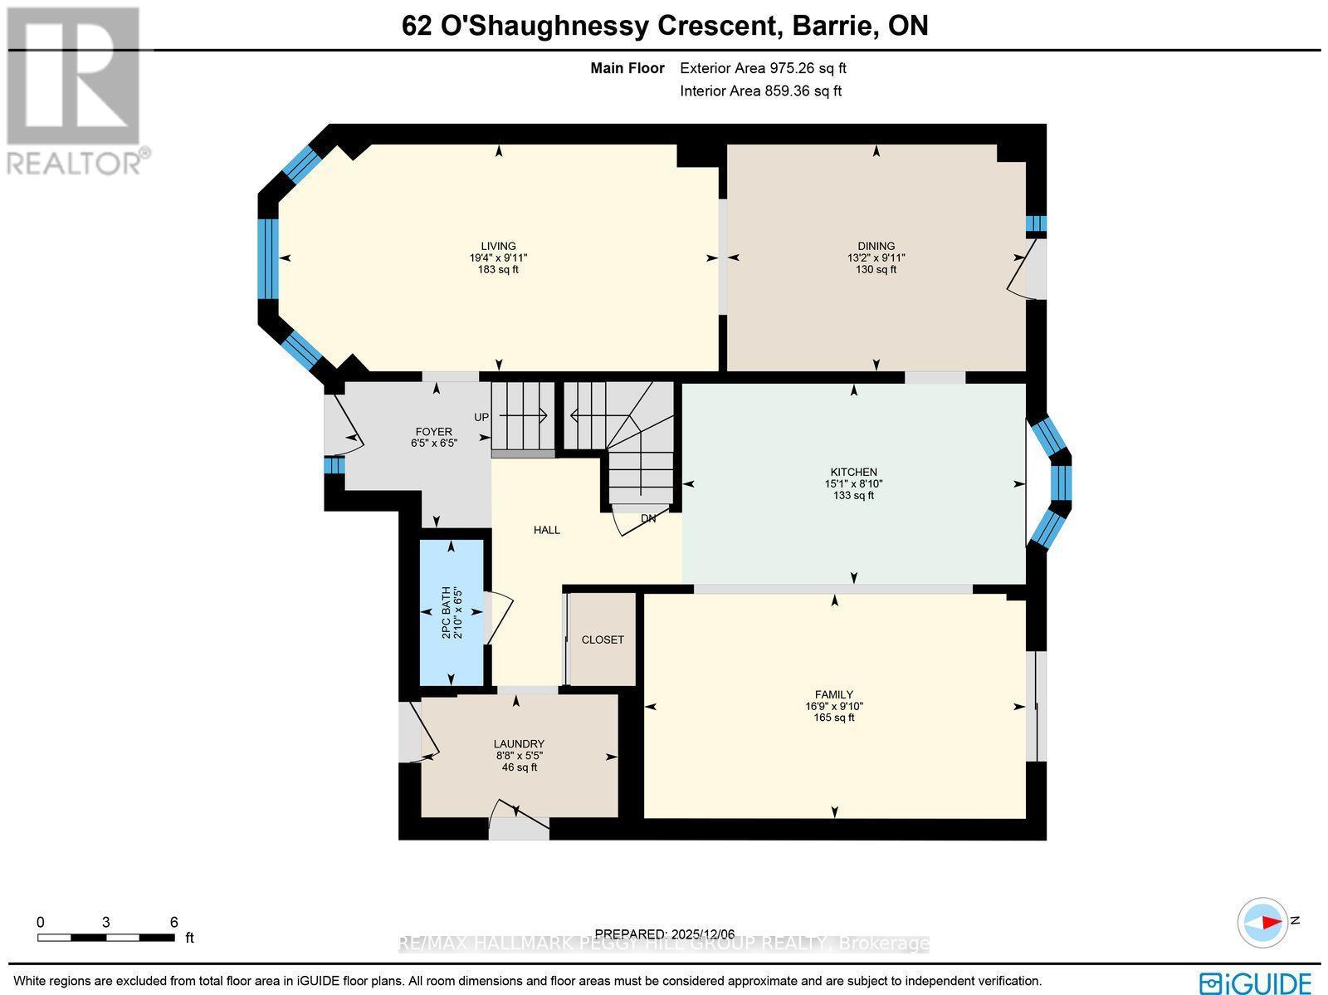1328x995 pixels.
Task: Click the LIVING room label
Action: coord(498,246)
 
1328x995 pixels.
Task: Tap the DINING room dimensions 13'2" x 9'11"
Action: coord(876,257)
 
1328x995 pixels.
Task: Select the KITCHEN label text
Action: coord(853,472)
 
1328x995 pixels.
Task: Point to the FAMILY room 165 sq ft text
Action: coord(833,718)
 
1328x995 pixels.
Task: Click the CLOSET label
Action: coord(603,640)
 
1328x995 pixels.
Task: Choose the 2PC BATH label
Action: coord(446,612)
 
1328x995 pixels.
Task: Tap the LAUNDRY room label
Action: coord(519,744)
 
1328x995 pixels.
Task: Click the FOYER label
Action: coord(433,432)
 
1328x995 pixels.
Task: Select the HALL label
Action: coord(546,530)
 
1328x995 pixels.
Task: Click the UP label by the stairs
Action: coord(481,417)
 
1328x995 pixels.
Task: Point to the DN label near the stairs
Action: coord(648,518)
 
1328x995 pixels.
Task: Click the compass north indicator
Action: coord(1264,922)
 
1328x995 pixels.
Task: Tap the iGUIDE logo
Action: coord(1257,982)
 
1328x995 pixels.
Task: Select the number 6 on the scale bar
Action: coord(173,922)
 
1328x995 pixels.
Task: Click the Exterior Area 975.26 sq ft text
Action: coord(763,68)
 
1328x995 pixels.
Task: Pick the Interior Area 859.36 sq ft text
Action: coord(760,91)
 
